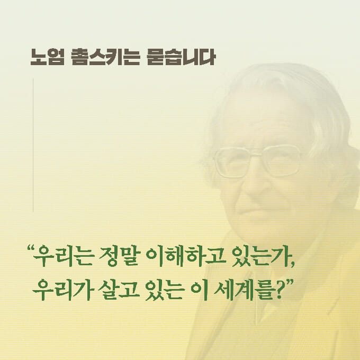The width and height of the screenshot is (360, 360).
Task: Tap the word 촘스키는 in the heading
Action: (101, 57)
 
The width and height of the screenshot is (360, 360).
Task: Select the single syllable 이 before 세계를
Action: (194, 290)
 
